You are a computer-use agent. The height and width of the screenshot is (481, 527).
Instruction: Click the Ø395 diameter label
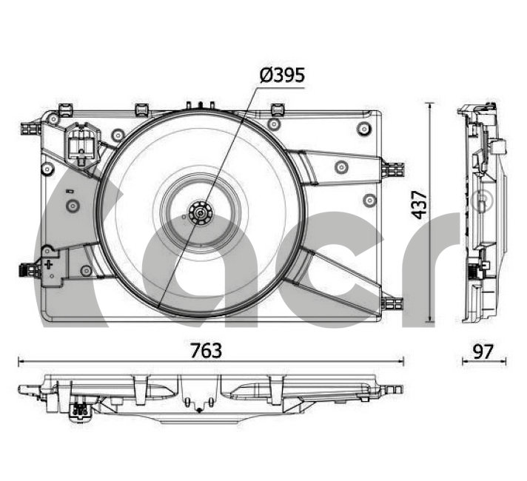tap(282, 75)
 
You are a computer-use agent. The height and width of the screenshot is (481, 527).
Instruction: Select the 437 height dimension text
tap(419, 204)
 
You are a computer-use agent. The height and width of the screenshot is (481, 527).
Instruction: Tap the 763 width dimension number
tap(206, 350)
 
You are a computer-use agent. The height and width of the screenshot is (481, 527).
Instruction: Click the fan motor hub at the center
tap(201, 214)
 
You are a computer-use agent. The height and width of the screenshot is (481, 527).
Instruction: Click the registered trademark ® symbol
tap(482, 200)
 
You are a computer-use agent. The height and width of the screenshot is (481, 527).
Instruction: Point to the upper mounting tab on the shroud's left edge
tap(30, 127)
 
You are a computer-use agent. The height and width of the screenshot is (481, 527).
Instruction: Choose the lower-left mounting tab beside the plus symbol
tap(30, 269)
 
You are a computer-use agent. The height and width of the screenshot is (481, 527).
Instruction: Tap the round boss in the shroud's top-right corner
tap(363, 129)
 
